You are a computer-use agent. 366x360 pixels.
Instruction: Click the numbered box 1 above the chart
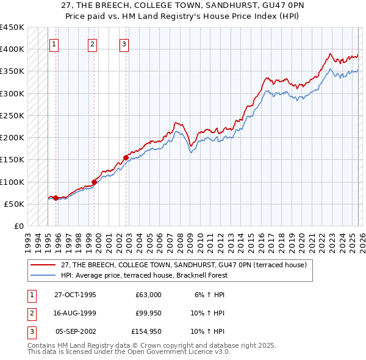pos(54,44)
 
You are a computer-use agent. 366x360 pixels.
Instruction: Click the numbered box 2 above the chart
pos(92,44)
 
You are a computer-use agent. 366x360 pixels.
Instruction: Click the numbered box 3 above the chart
pos(124,44)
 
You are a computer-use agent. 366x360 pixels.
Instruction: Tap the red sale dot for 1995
pos(56,198)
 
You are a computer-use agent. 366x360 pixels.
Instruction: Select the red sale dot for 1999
pos(95,182)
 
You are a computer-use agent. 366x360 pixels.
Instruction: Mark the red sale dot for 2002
pos(126,157)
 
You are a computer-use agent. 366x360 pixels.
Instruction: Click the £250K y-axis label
pos(12,115)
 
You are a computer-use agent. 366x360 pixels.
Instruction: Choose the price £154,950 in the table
pos(146,332)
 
